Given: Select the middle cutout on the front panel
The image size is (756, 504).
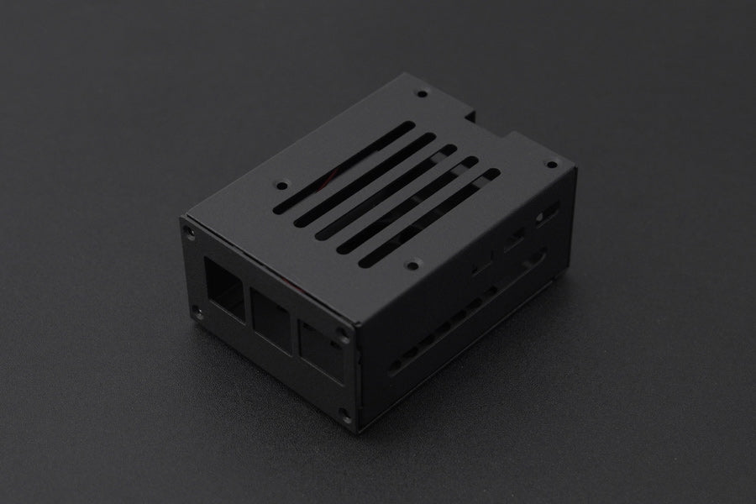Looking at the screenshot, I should (x=270, y=312).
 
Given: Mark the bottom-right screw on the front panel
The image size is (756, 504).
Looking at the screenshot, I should (x=344, y=412).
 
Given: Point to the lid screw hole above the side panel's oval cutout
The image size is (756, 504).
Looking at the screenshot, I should (x=550, y=165).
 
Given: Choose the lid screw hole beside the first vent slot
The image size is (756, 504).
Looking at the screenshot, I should (x=281, y=181).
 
